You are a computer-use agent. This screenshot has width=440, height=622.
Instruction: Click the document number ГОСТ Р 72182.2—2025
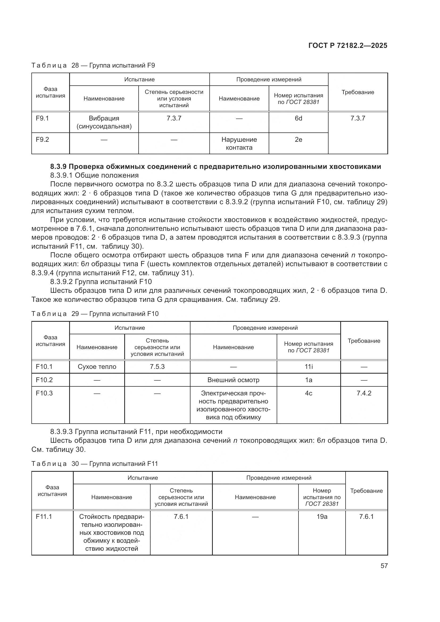coord(348,45)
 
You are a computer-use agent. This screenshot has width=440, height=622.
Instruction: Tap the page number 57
coord(384,566)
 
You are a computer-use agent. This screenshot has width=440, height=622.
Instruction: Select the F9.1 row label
coord(42,118)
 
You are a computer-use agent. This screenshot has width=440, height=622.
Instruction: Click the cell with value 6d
coord(298,118)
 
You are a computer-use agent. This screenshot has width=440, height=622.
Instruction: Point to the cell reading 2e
coord(298,140)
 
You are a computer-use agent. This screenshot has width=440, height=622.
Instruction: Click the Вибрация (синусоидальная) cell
coord(104,122)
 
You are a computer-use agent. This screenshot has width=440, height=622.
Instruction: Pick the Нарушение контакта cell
coord(239,144)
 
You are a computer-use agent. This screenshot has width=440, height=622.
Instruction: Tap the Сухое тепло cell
coord(97,366)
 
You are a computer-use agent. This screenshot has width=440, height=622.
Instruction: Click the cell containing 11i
coord(309,366)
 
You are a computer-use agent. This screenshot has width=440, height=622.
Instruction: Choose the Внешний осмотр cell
coord(233,380)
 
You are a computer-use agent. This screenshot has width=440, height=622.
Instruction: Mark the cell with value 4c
coord(309,393)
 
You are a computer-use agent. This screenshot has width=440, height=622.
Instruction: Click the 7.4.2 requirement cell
coord(364,393)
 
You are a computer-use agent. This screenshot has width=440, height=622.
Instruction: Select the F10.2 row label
coord(44,380)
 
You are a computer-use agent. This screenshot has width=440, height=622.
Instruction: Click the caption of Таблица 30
coord(94,464)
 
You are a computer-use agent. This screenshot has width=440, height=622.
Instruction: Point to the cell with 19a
coord(322,517)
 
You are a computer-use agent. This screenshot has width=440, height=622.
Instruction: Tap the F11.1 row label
coord(44,517)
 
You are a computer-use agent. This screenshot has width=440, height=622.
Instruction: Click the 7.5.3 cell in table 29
coord(157,366)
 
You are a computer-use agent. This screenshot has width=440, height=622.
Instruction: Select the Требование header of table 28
coord(358,92)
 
